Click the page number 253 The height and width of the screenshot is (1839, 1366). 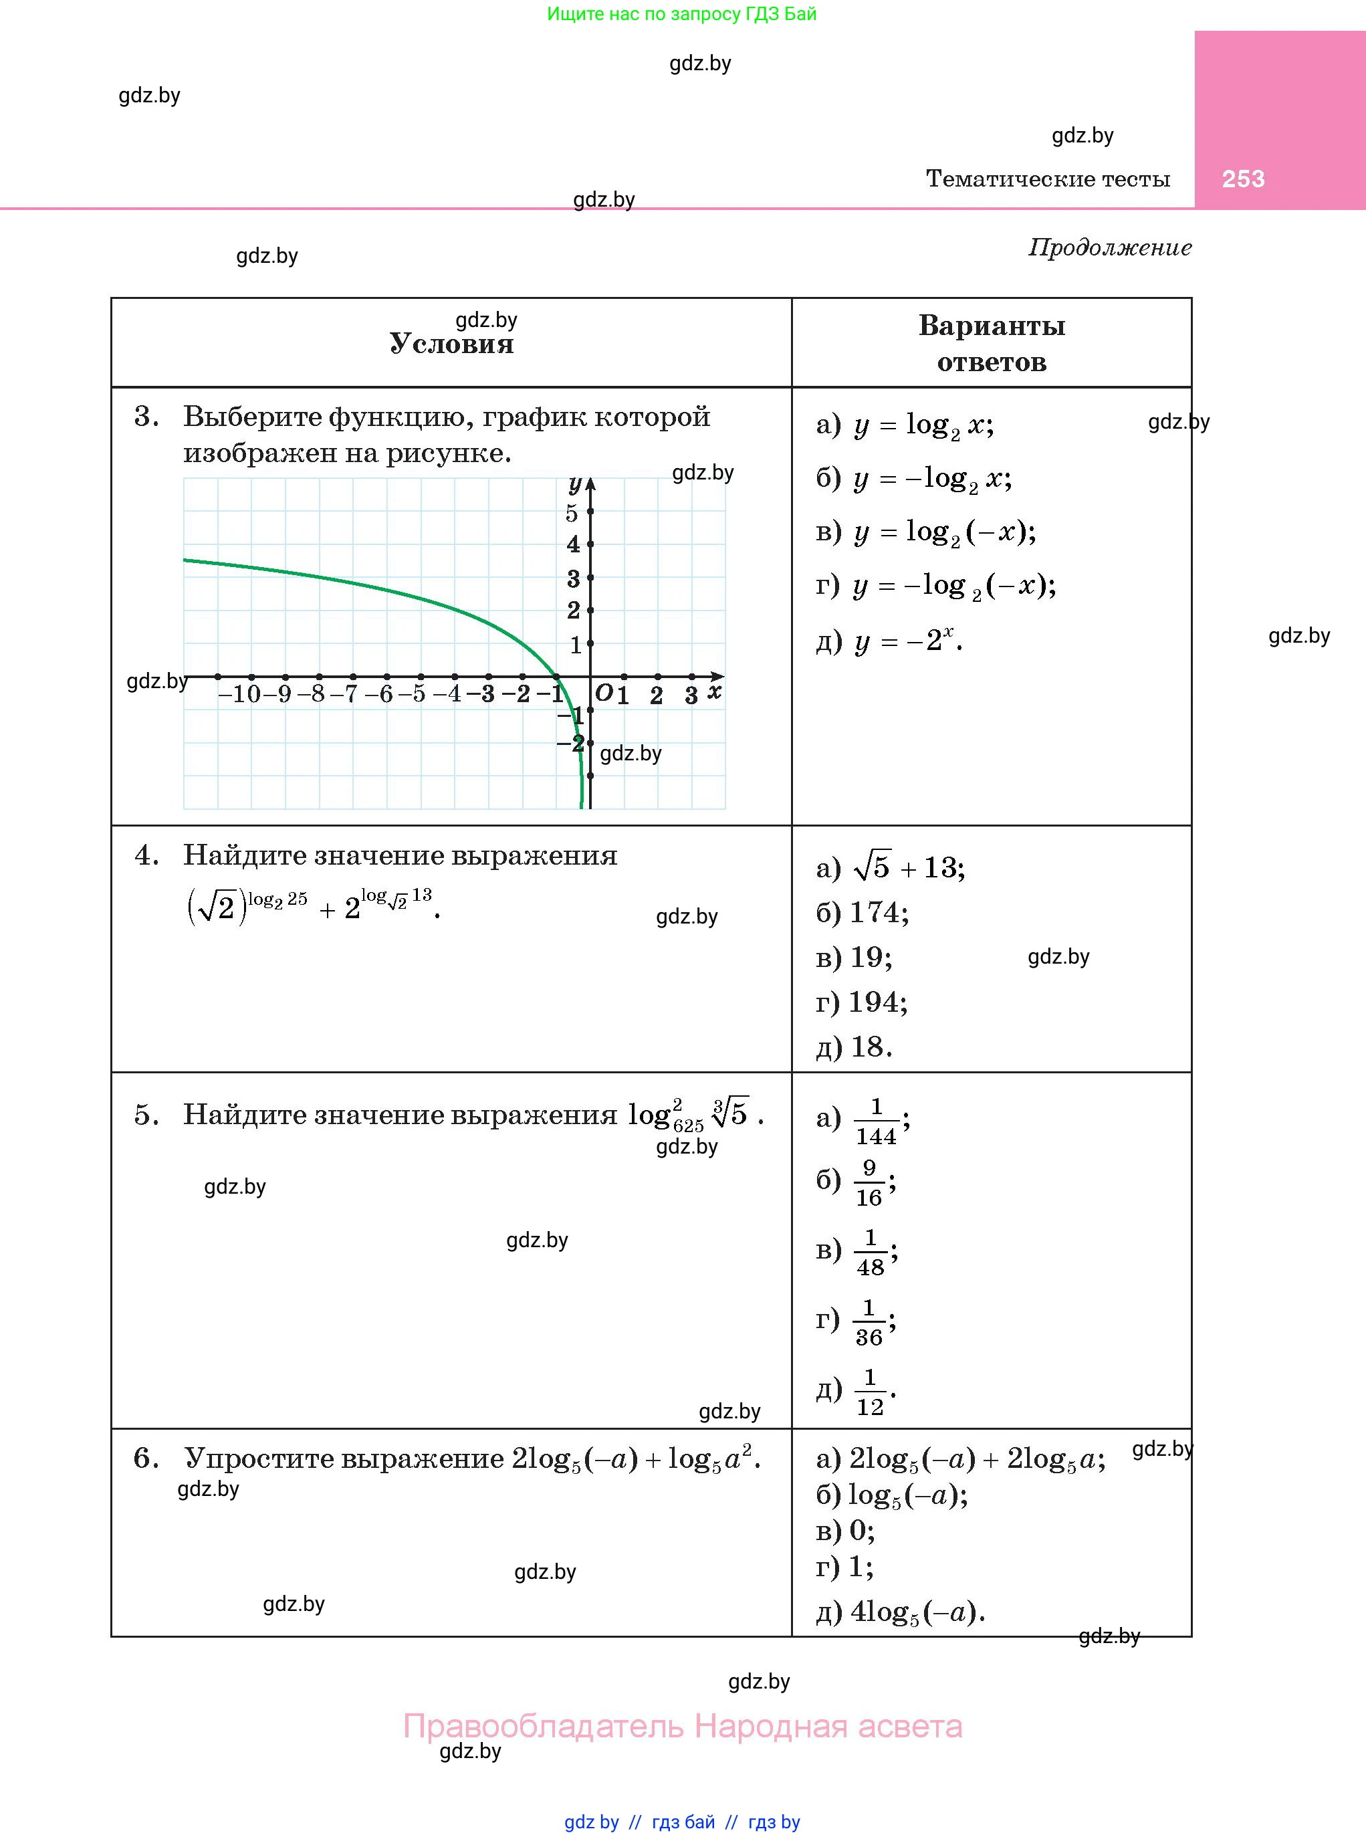click(1243, 179)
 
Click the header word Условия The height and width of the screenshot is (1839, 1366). click(451, 344)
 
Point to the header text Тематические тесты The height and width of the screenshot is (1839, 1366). click(1048, 179)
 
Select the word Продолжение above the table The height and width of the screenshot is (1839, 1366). click(1110, 247)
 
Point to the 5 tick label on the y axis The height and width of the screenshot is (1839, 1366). click(572, 514)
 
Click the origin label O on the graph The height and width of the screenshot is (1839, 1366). click(604, 693)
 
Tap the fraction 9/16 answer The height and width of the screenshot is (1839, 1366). click(869, 1183)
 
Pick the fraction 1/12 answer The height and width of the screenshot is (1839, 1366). click(869, 1394)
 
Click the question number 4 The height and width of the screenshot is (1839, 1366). click(146, 856)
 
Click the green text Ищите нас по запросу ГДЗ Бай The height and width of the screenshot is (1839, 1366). click(682, 14)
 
